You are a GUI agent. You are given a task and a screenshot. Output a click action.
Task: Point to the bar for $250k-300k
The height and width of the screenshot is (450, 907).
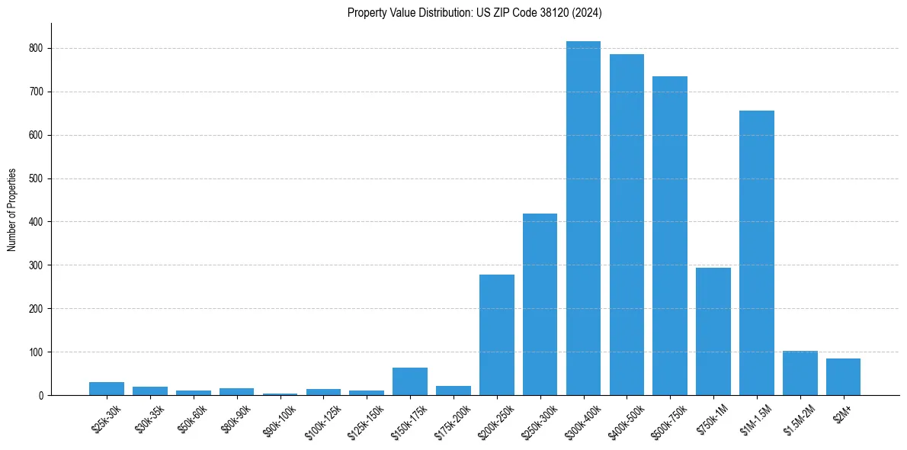540,304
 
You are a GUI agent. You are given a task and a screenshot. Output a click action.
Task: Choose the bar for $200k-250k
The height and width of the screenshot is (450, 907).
497,335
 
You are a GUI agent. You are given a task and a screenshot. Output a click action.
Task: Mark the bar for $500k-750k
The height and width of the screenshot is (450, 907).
670,236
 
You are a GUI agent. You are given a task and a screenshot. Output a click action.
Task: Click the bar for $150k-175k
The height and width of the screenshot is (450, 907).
410,382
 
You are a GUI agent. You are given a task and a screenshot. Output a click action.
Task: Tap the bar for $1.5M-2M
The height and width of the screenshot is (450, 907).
800,373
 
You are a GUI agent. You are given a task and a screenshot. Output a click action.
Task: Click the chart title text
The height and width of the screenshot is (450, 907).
475,13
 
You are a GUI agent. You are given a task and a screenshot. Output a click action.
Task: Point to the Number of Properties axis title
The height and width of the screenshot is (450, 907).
12,210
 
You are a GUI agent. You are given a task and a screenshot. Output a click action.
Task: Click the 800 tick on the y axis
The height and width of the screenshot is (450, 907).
35,48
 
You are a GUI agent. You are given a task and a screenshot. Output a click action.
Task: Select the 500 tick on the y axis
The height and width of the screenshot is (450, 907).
35,178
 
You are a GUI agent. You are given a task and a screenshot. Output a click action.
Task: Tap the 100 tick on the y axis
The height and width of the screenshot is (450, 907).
35,352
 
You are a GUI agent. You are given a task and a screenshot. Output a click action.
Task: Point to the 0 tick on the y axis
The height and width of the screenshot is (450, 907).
40,396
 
